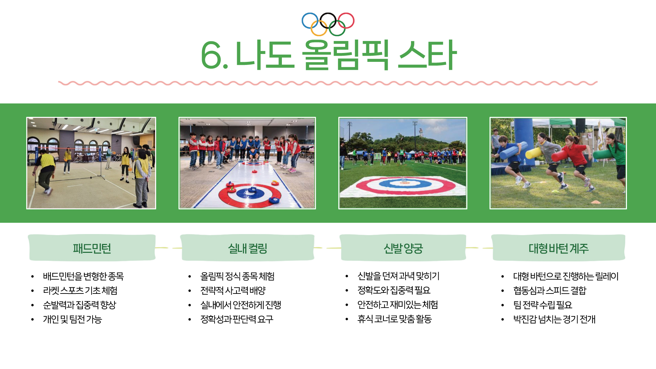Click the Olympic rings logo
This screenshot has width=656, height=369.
point(328,24)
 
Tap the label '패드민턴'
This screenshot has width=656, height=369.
point(92,248)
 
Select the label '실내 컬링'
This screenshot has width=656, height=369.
point(248,248)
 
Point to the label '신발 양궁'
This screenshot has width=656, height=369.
point(403,248)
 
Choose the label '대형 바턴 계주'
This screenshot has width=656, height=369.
point(559,248)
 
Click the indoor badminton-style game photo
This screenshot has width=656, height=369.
point(91,163)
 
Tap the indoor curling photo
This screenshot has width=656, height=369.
point(247,163)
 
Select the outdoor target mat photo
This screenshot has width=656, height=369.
point(403,163)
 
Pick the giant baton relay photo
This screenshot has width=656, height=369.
point(558,163)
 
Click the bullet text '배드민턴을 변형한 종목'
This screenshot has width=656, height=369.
point(83,276)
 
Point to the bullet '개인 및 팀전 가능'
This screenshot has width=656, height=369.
point(72,319)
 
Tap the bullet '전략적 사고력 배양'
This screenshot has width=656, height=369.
point(233,290)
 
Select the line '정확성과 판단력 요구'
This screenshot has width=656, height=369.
point(237,319)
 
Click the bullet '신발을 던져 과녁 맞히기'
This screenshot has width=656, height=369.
point(398,276)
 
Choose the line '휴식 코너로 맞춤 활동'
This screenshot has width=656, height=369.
point(395,319)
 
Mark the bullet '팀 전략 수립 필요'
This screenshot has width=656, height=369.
point(543,305)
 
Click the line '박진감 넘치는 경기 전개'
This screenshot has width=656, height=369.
point(554,319)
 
